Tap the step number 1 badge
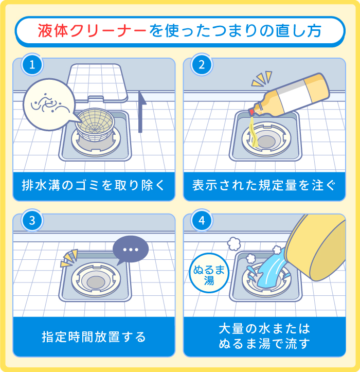[32, 66]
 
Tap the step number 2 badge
[201, 66]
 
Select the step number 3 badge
[32, 221]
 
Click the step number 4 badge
[201, 221]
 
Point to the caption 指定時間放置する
[94, 338]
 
